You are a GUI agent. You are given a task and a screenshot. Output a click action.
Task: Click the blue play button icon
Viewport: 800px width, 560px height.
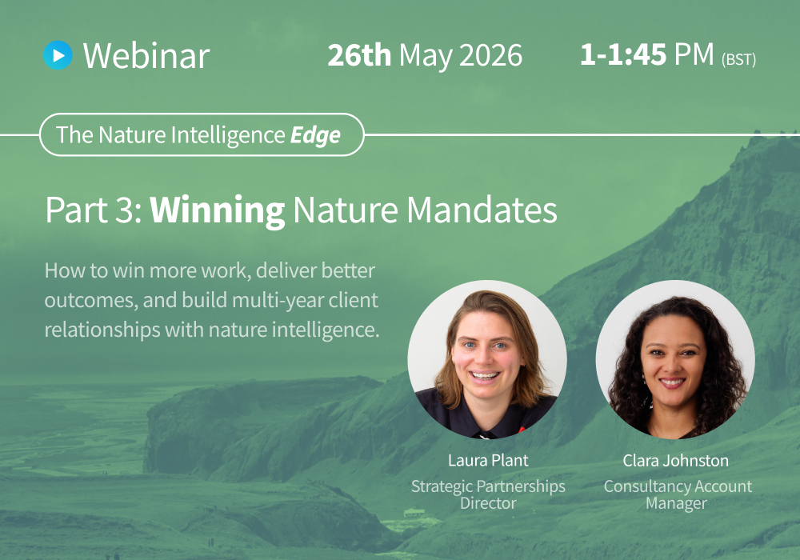pyautogui.click(x=58, y=54)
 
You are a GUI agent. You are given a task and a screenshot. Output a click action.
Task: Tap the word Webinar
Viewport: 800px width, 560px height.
pyautogui.click(x=146, y=55)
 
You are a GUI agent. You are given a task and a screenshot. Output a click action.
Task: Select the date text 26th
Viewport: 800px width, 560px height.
pyautogui.click(x=359, y=55)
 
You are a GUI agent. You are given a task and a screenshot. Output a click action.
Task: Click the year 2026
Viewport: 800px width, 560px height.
pyautogui.click(x=491, y=55)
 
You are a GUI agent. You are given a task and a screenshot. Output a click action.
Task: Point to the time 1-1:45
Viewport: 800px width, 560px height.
pyautogui.click(x=624, y=54)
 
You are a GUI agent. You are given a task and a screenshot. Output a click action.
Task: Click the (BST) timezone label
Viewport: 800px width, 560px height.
pyautogui.click(x=738, y=59)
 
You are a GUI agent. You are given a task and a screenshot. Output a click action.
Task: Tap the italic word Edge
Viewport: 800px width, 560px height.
pyautogui.click(x=315, y=135)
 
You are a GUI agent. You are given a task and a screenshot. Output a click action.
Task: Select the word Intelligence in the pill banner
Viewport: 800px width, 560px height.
pyautogui.click(x=226, y=135)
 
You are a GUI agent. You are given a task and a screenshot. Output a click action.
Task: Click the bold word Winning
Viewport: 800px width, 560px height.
pyautogui.click(x=217, y=210)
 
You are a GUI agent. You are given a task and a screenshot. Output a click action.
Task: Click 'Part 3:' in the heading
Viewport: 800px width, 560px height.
pyautogui.click(x=93, y=210)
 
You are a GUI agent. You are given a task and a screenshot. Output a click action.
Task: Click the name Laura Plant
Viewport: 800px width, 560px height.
pyautogui.click(x=488, y=461)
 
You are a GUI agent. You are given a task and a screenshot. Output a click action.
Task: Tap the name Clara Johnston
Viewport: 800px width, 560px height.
pyautogui.click(x=677, y=461)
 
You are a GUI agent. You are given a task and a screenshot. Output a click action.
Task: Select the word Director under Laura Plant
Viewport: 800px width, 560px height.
pyautogui.click(x=488, y=503)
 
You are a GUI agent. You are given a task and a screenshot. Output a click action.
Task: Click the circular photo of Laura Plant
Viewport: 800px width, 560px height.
pyautogui.click(x=487, y=359)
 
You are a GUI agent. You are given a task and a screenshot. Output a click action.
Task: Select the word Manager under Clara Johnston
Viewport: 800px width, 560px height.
pyautogui.click(x=677, y=503)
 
